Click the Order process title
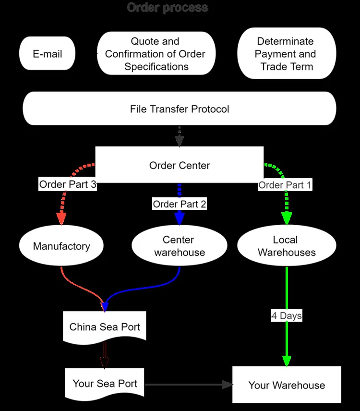point(167,8)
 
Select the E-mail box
point(47,54)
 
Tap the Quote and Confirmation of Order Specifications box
point(155,54)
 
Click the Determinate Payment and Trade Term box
point(287,54)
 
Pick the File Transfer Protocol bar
point(180,109)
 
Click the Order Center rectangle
point(180,165)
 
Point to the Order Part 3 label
point(68,184)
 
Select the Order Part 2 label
point(180,204)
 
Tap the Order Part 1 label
point(285,185)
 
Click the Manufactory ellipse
point(61,246)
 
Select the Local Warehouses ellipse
point(287,246)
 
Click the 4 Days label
point(287,316)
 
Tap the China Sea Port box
point(105,327)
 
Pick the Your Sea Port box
point(105,384)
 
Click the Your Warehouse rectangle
point(287,385)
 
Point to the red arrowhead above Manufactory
point(61,219)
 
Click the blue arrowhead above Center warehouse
point(180,219)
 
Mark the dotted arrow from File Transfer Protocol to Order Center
point(180,137)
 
